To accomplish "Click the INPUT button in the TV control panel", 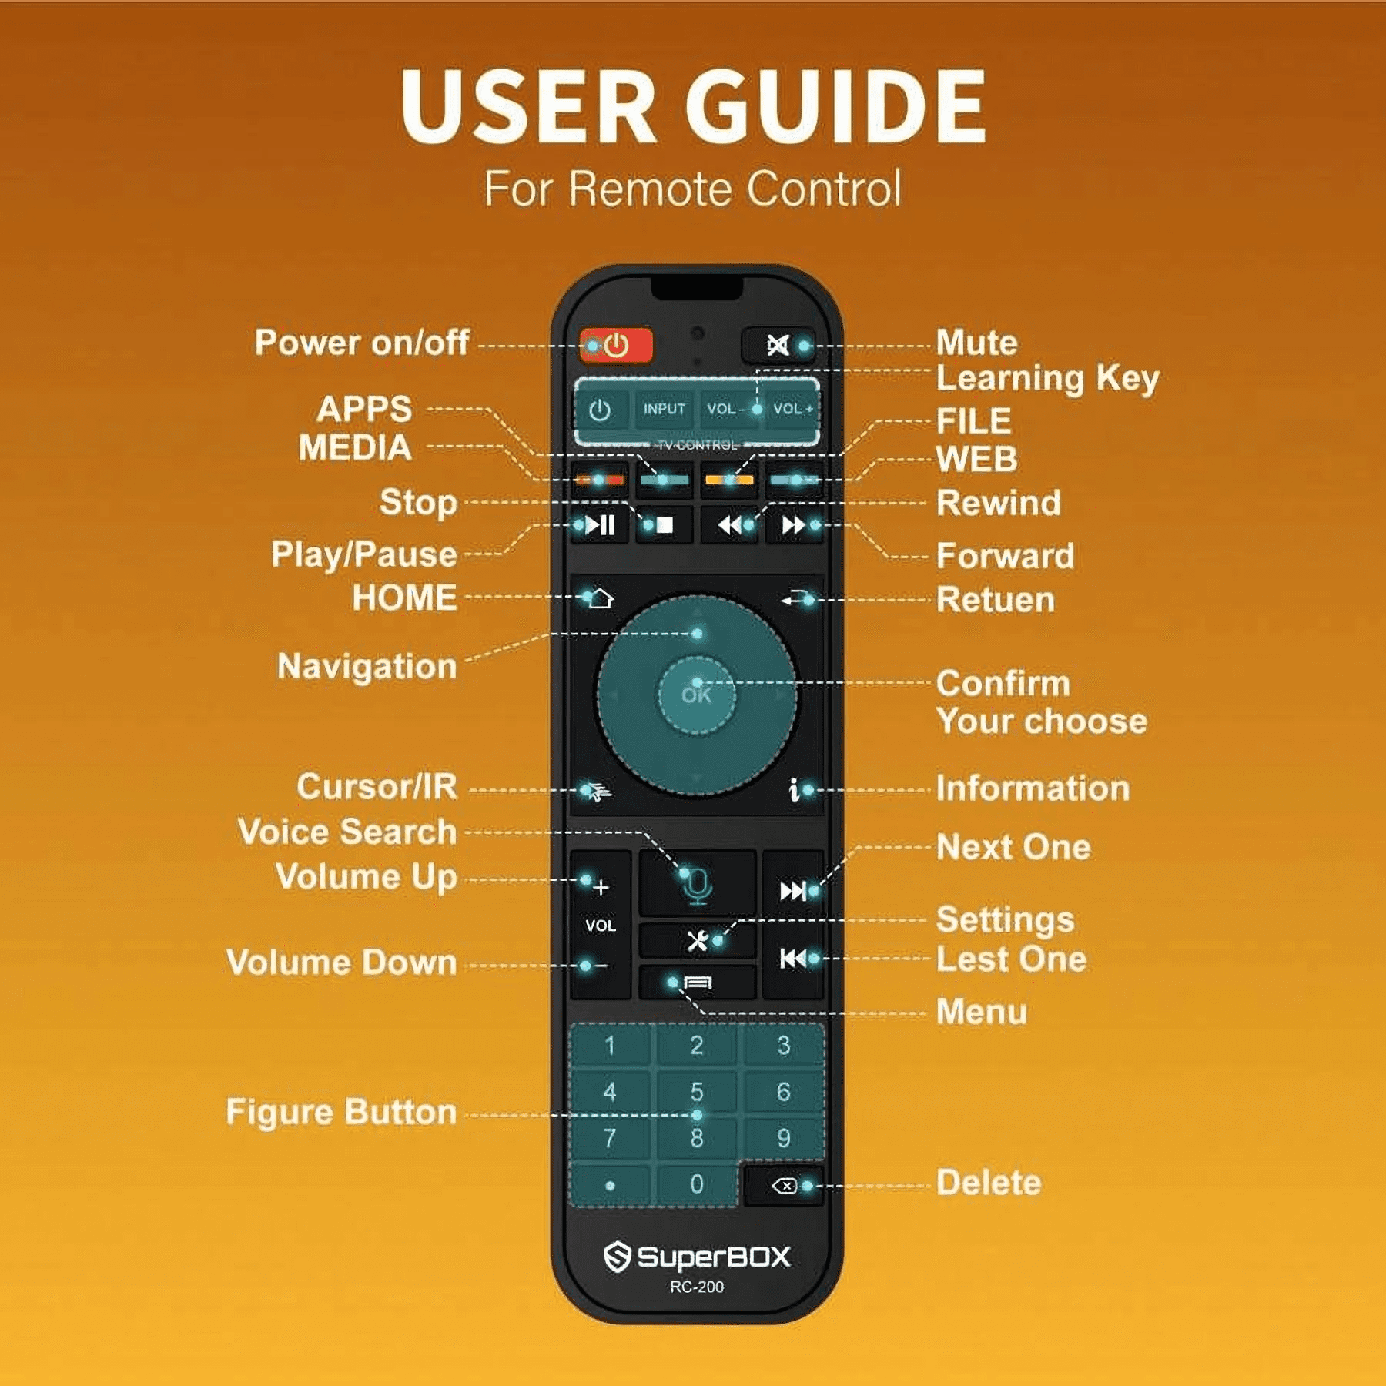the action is [x=664, y=409].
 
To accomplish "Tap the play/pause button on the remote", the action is [x=600, y=525].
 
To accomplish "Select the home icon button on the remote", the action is [x=600, y=598].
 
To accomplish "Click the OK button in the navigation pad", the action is [x=696, y=695].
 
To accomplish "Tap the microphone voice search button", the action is [x=698, y=884].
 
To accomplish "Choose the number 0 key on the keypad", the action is [x=696, y=1183].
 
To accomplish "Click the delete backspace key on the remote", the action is [x=784, y=1185].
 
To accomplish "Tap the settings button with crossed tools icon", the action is [x=698, y=940].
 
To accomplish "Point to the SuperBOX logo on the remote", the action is [x=697, y=1257].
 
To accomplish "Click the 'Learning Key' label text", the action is [x=1047, y=379].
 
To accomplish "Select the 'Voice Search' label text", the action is [x=348, y=832].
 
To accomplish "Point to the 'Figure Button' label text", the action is [x=342, y=1112].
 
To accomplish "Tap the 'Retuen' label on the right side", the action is [x=996, y=600].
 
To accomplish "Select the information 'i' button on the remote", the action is [x=795, y=789].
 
